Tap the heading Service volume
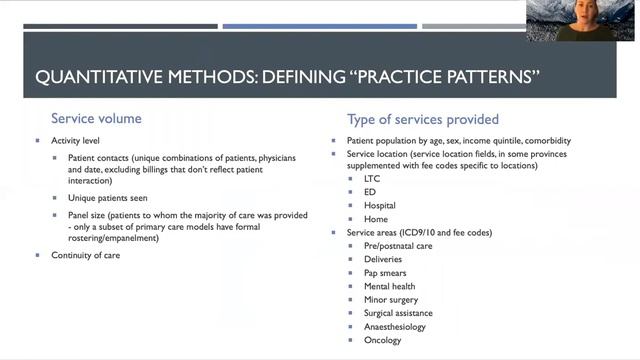pyautogui.click(x=96, y=118)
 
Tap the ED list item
pyautogui.click(x=371, y=192)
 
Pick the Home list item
pyautogui.click(x=376, y=219)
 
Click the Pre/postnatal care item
pyautogui.click(x=397, y=246)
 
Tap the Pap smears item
pyautogui.click(x=385, y=273)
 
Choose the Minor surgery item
pyautogui.click(x=391, y=300)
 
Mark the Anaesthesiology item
pyautogui.click(x=395, y=326)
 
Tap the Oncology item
pyautogui.click(x=383, y=340)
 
